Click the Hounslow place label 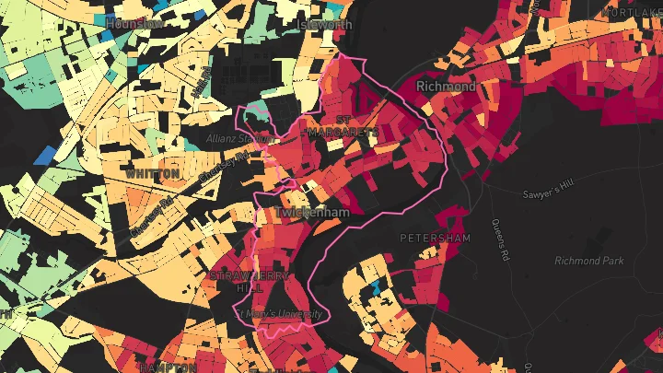click(134, 23)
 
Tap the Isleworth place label click(325, 25)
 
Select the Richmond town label click(446, 87)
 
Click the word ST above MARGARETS click(343, 120)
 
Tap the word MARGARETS click(343, 133)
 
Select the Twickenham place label click(313, 213)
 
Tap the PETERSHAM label click(435, 238)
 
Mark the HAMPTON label click(167, 367)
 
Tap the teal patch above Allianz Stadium click(257, 116)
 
